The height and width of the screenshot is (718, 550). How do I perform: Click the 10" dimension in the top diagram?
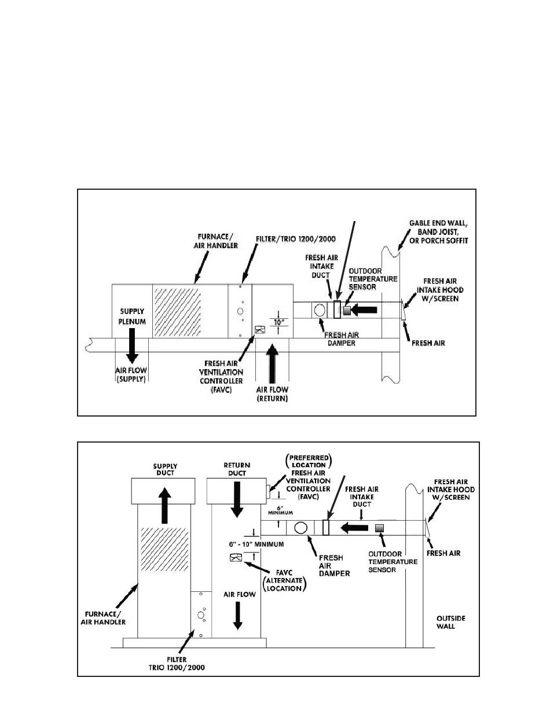pyautogui.click(x=278, y=322)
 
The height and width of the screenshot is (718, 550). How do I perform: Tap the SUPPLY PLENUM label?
pyautogui.click(x=133, y=317)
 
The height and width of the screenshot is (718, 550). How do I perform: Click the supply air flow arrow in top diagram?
pyautogui.click(x=133, y=344)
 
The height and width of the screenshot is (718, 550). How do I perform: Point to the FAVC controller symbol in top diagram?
pyautogui.click(x=259, y=330)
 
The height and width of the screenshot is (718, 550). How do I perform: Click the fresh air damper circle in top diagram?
pyautogui.click(x=319, y=310)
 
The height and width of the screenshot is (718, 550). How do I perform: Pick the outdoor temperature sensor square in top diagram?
pyautogui.click(x=347, y=310)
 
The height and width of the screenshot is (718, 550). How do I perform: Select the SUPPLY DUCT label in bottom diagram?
pyautogui.click(x=165, y=469)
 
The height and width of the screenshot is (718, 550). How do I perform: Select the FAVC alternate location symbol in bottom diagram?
pyautogui.click(x=236, y=558)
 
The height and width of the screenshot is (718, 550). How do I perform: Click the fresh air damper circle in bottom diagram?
pyautogui.click(x=301, y=528)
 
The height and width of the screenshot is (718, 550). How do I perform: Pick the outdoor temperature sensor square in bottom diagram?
pyautogui.click(x=380, y=528)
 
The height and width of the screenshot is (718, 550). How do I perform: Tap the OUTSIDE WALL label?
pyautogui.click(x=450, y=623)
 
